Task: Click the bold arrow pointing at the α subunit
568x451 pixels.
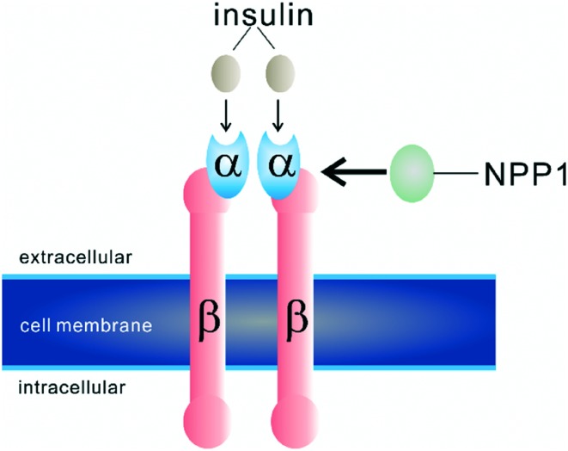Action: [352, 173]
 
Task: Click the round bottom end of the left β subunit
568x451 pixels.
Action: [210, 423]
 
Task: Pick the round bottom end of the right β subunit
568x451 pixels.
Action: [296, 423]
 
